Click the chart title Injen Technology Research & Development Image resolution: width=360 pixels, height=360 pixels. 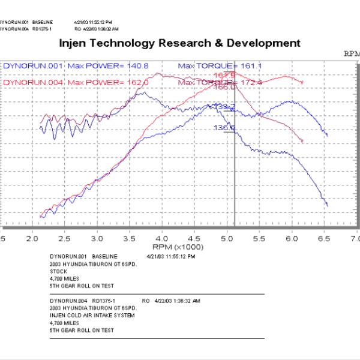180,43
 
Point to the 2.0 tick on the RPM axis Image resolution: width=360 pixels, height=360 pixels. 33,238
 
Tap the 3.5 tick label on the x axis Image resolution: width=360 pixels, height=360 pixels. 130,238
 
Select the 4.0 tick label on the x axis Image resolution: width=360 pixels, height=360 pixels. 163,238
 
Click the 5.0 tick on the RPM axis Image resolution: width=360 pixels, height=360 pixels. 227,238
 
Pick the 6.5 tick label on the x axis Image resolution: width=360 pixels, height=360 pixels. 325,238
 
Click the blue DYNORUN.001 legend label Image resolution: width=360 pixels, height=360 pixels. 31,65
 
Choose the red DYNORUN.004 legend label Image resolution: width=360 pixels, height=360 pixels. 31,82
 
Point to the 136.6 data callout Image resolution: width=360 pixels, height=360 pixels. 224,128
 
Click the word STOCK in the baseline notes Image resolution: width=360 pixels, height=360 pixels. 58,271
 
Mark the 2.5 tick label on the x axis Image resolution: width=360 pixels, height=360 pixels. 65,238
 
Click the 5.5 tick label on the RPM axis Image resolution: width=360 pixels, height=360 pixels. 260,238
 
